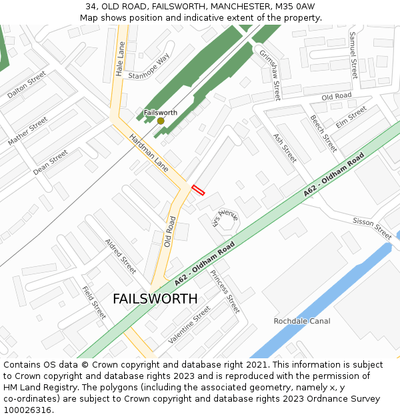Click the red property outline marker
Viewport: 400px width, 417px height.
coord(198,190)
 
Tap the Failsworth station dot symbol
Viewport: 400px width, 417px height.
coord(161,121)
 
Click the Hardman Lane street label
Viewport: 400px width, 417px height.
coord(149,153)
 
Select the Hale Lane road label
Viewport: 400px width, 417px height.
coord(120,59)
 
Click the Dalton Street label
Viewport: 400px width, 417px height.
coord(27,85)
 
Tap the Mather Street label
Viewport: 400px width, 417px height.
coord(28,131)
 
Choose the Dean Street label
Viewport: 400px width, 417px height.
coord(51,162)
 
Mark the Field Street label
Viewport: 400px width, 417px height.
coord(94,302)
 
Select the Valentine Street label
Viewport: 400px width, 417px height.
coord(189,325)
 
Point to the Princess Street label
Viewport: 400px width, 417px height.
coord(224,292)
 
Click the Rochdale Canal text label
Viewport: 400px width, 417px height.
coord(302,321)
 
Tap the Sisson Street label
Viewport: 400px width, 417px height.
coord(372,229)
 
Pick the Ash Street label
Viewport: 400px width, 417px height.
coord(285,147)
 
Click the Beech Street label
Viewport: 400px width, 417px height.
coord(323,133)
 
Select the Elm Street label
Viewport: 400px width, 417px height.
coord(351,117)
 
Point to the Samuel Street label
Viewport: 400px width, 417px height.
coord(353,55)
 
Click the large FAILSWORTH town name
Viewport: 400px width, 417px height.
coord(155,298)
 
